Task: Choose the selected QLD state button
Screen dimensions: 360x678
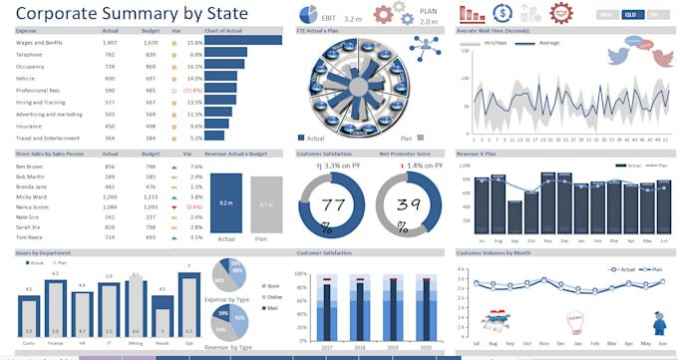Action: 631,14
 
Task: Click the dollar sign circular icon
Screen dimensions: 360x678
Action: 504,14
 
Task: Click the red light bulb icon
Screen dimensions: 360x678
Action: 575,318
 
